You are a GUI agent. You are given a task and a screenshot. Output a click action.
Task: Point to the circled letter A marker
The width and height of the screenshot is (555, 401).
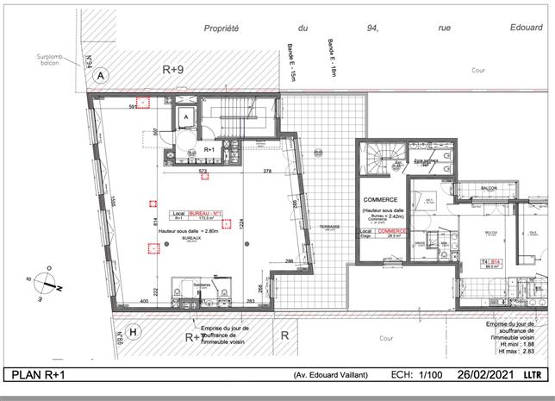(101, 76)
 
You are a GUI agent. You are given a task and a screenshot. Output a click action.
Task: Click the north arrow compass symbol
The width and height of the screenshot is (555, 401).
(51, 285)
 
